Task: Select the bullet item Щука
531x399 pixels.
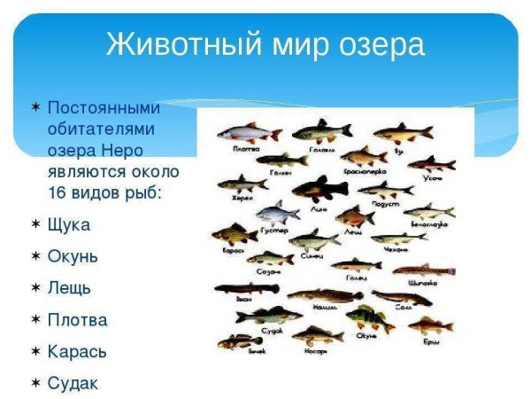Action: click(x=68, y=224)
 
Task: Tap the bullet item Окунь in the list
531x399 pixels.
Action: click(x=73, y=256)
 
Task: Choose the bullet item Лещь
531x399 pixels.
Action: click(x=69, y=288)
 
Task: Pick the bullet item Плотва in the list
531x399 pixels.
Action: click(x=77, y=320)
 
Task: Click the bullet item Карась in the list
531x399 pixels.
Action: click(x=77, y=352)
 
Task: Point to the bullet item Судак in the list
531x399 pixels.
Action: click(x=73, y=384)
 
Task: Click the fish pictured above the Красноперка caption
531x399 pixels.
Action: click(x=363, y=157)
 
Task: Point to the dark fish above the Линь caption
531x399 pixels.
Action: click(x=320, y=188)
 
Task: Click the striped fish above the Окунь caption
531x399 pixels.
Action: click(x=369, y=317)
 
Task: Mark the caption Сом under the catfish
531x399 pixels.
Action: click(x=404, y=308)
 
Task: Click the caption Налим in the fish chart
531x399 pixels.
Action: click(x=323, y=307)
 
